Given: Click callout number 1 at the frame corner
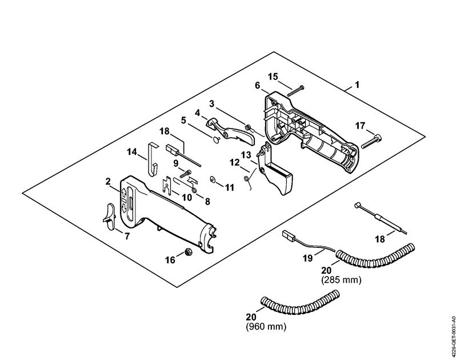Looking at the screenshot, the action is (357, 85).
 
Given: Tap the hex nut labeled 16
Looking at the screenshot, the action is (189, 251).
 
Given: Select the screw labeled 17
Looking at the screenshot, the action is (371, 141).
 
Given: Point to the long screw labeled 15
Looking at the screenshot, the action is (295, 91).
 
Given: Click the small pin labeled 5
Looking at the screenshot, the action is (216, 140).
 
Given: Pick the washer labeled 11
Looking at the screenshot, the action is (213, 179).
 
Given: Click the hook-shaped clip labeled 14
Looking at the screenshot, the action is (152, 159).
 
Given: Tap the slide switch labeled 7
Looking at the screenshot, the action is (109, 217).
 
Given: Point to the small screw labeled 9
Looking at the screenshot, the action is (186, 174).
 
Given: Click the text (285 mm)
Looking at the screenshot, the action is (341, 280).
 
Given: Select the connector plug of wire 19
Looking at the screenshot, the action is (288, 235).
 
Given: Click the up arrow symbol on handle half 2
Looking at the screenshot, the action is (123, 193).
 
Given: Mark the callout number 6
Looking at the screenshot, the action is (258, 85).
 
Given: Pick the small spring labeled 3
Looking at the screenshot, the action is (248, 127).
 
